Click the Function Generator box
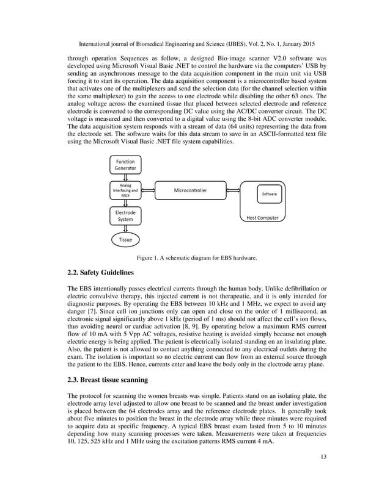click(126, 165)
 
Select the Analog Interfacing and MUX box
click(125, 190)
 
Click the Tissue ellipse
click(125, 240)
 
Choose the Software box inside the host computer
click(269, 194)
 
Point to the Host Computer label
click(262, 217)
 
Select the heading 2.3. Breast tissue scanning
click(108, 380)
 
